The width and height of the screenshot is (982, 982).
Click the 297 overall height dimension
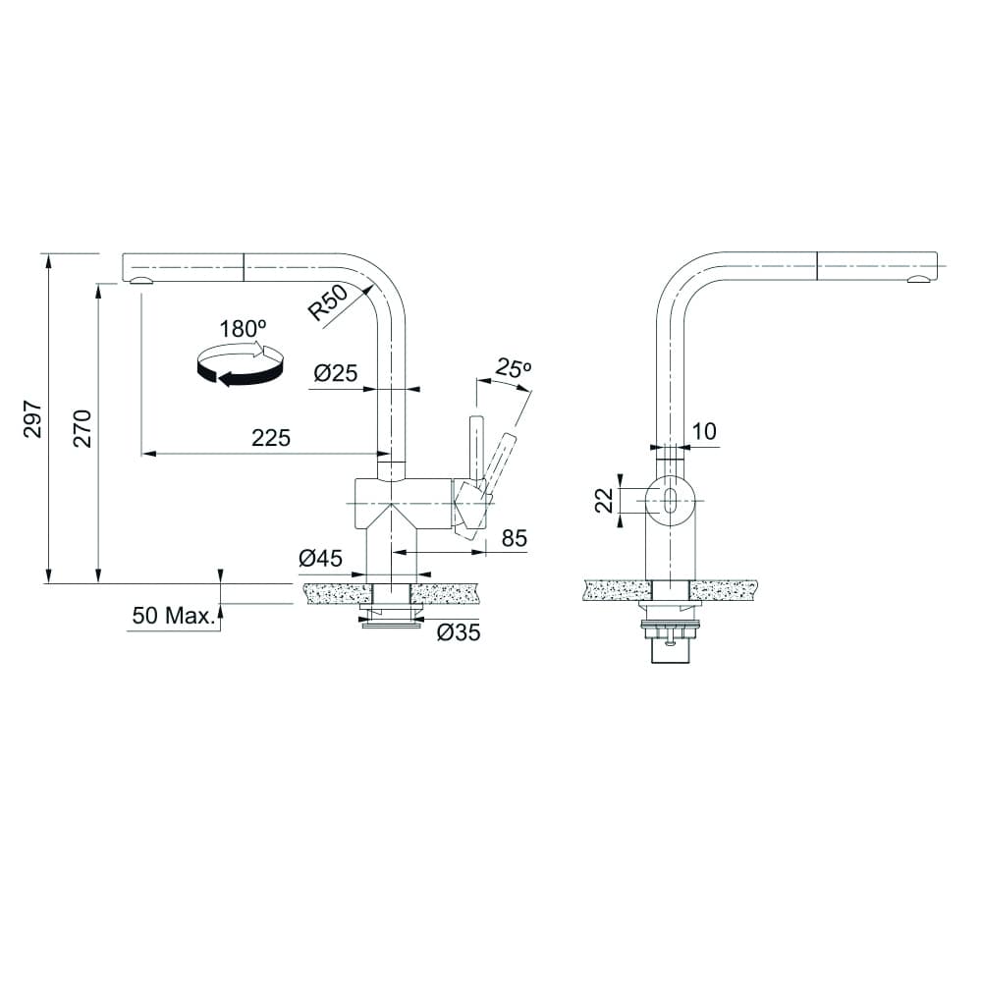click(x=32, y=418)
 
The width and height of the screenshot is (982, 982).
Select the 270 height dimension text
click(x=82, y=429)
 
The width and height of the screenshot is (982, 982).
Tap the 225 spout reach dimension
click(x=271, y=439)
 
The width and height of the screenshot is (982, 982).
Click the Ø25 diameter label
click(x=335, y=373)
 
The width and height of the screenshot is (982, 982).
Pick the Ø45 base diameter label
click(x=320, y=559)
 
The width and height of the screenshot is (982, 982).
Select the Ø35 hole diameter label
click(x=458, y=633)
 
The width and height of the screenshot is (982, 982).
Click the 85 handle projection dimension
click(x=515, y=538)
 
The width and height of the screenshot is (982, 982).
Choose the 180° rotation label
click(x=243, y=329)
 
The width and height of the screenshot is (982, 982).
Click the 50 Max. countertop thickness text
click(x=173, y=617)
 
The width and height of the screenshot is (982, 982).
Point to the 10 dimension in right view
click(x=703, y=430)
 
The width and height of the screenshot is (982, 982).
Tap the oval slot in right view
click(x=670, y=500)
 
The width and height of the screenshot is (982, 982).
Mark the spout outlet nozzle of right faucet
click(x=919, y=281)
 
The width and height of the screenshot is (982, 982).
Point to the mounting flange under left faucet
click(x=391, y=617)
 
